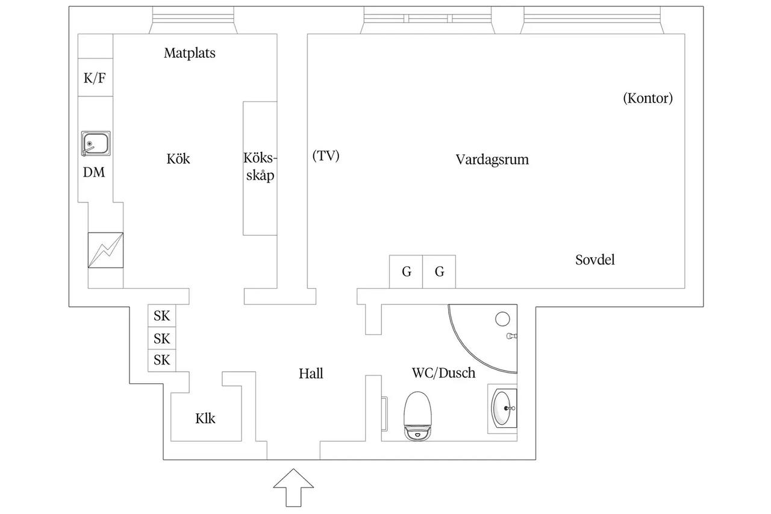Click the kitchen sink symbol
(96, 143)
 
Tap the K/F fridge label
(95, 78)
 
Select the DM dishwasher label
(94, 172)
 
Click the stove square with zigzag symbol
(105, 250)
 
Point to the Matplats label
(190, 53)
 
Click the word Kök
(178, 158)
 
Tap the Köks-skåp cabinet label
(260, 167)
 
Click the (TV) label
(326, 155)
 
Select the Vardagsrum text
(492, 160)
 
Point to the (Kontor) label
(648, 98)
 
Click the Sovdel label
(595, 260)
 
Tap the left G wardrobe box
(406, 272)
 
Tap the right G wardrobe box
(439, 272)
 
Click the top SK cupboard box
(162, 316)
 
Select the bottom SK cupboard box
(162, 360)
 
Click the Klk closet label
(205, 419)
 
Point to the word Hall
(311, 374)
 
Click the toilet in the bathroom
(417, 416)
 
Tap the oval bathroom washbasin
(502, 409)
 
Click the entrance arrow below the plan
(293, 487)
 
